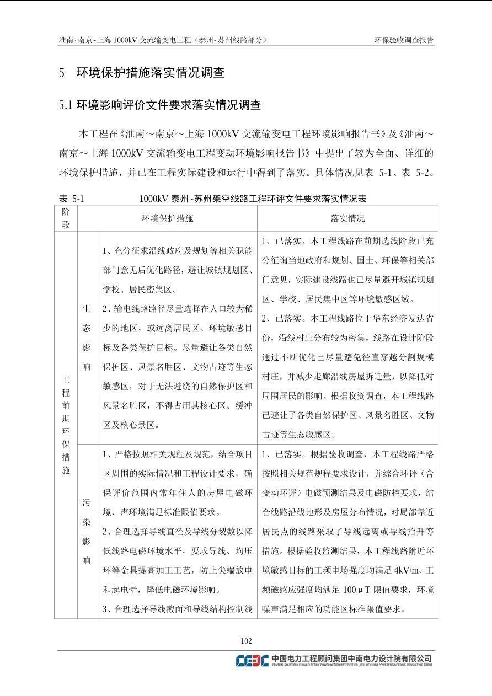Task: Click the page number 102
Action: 246,640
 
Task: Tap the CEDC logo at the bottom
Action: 252,660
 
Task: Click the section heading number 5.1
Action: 66,105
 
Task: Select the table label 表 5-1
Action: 71,199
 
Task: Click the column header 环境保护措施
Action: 167,218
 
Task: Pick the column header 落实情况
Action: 347,218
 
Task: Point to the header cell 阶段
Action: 66,218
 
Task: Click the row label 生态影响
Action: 87,338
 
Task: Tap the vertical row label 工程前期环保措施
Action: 66,425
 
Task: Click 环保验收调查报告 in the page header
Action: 404,40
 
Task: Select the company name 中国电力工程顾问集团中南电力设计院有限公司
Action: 352,658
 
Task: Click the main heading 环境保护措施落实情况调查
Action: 150,73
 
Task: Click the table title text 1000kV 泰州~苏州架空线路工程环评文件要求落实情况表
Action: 253,199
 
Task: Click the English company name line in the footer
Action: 352,665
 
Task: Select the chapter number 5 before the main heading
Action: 62,73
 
